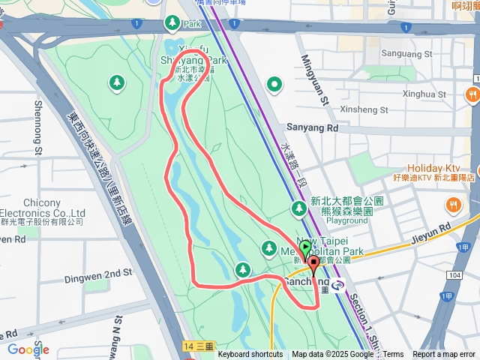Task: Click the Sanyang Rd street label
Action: click(313, 128)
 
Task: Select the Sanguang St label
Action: click(407, 55)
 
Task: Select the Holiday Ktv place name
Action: click(433, 168)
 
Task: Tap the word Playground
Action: click(347, 221)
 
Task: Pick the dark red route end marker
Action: click(313, 263)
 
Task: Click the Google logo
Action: click(28, 349)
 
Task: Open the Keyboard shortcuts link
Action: click(250, 355)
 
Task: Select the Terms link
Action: click(394, 355)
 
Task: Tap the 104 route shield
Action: click(453, 277)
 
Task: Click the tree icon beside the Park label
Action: click(172, 23)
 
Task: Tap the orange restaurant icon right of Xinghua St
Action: click(472, 94)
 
